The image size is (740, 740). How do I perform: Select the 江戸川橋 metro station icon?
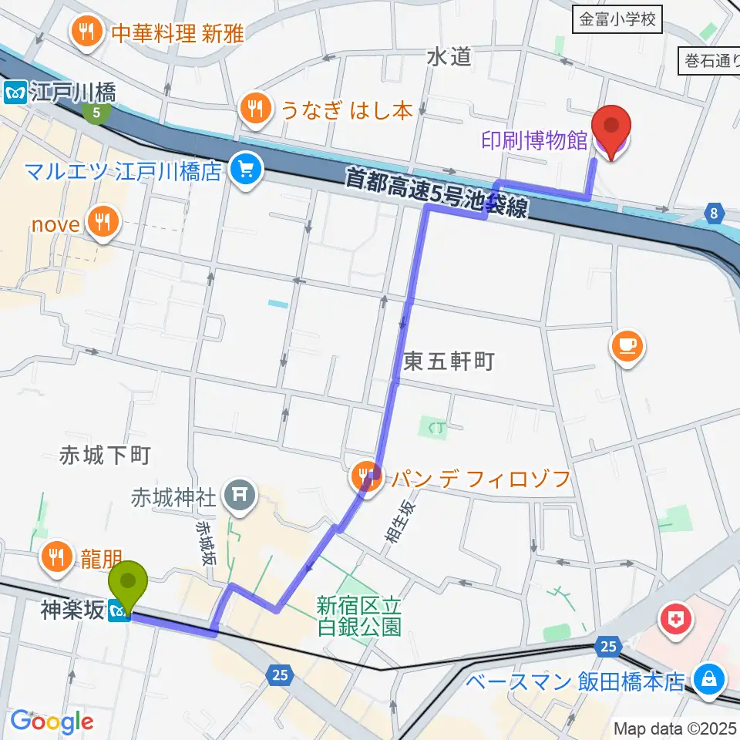point(15,93)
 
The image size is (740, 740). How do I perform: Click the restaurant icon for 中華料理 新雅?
point(84,32)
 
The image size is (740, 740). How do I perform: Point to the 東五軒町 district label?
point(448,362)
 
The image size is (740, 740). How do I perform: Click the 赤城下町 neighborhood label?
point(104,456)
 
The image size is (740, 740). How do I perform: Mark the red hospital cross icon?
point(676,618)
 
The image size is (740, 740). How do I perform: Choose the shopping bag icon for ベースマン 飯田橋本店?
point(707,680)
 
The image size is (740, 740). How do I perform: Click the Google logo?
point(52,721)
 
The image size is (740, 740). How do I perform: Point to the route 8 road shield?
point(715,213)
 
